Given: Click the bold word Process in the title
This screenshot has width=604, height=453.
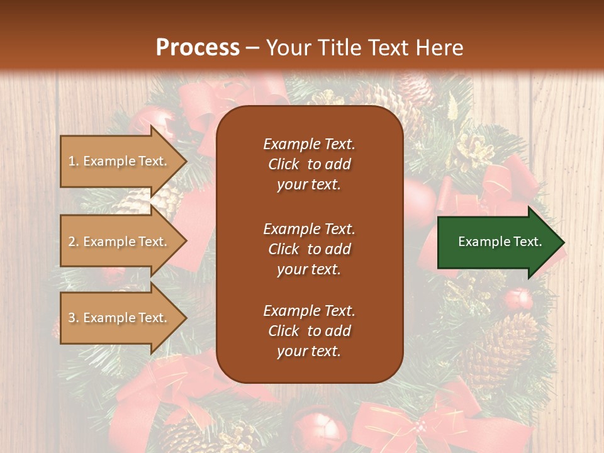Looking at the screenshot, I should pos(198,48).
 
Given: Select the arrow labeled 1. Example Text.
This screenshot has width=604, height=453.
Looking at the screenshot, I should pos(120,161).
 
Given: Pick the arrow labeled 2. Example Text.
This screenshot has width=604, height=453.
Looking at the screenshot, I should pos(120,242).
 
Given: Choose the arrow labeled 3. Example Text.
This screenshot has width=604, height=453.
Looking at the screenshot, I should pos(120,318).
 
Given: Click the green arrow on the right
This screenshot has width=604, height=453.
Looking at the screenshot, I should pos(497,242).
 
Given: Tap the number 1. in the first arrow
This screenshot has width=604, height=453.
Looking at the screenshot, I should pos(74,161).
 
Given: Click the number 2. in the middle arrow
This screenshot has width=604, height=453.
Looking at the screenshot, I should pos(74,242).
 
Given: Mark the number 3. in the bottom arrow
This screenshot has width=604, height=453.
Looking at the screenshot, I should pos(74,318).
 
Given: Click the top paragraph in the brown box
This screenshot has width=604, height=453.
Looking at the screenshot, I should pos(309,164).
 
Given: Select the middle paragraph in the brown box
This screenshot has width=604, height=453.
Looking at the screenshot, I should pos(309,249).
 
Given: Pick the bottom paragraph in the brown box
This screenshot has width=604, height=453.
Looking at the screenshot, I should pos(309,331).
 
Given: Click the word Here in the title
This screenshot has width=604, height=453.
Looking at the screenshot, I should pos(440,48).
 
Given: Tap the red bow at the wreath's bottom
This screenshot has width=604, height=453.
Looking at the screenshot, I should pos(434,422).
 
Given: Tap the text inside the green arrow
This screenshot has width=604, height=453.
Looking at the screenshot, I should pos(500,242).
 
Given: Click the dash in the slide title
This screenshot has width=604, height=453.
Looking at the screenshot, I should pos(253,48).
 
